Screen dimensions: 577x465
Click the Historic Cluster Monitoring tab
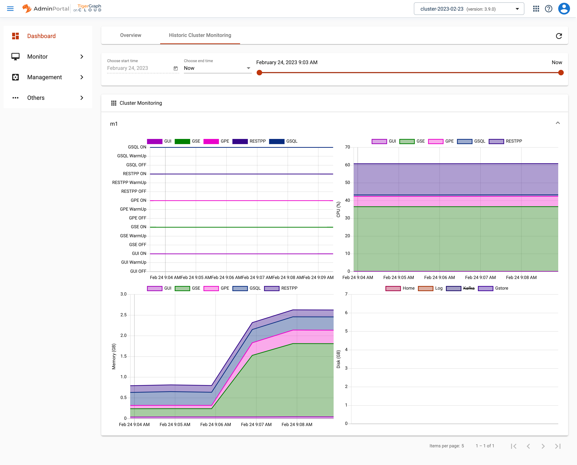(200, 35)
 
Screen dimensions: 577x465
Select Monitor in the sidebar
(38, 57)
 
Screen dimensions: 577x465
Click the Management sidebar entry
(45, 77)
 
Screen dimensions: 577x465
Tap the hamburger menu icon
(10, 9)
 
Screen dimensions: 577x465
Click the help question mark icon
(549, 9)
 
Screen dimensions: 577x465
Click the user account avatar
(564, 9)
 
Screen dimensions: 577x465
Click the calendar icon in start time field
(175, 69)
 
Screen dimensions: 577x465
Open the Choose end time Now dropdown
(217, 68)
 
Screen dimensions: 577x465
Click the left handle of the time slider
(259, 73)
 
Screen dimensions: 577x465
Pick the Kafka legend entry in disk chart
(468, 288)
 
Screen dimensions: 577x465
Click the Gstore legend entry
(501, 288)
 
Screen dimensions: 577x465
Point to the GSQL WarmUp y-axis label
(131, 156)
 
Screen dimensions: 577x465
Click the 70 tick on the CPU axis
(347, 147)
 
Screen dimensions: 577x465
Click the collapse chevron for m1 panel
(558, 123)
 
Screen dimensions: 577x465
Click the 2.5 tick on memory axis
(123, 315)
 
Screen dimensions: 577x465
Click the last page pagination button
(558, 446)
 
